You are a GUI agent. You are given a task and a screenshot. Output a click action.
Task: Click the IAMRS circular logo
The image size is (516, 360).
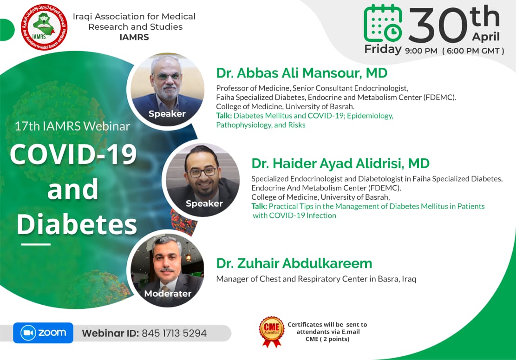pos(44,27)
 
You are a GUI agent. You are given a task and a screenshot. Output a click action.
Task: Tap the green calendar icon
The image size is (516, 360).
pos(383,23)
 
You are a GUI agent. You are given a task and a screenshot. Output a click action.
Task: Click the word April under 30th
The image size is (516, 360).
pos(486,37)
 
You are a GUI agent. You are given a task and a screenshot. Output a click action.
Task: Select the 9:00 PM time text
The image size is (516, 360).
pos(421,51)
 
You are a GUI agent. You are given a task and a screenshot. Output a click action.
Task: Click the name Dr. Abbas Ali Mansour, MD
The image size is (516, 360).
pos(302,73)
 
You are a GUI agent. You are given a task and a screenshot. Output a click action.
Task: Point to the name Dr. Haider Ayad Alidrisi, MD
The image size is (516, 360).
pos(340,164)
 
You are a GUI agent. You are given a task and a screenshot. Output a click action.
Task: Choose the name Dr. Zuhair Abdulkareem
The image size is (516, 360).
pos(294,263)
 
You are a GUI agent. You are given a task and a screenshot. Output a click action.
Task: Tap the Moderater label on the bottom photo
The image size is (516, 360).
pos(168,293)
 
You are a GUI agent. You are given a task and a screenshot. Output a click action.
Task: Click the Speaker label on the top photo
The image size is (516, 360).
pos(167,114)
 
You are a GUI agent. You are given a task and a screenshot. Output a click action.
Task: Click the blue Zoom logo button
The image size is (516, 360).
pos(43,333)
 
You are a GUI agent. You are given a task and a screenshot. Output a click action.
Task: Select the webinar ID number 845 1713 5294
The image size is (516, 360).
pos(174,334)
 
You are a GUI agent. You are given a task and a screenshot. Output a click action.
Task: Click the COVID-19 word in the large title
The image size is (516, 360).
pos(73,154)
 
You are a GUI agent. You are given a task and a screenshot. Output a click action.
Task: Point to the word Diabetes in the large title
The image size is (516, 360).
pos(77,224)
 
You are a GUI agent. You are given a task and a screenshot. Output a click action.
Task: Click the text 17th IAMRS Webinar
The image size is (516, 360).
pos(72,126)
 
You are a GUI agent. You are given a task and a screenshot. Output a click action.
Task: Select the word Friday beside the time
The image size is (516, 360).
pos(383,49)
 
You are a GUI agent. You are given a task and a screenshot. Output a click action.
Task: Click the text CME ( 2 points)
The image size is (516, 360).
pos(327,339)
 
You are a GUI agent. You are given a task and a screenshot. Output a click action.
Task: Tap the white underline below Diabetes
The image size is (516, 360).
pos(36,244)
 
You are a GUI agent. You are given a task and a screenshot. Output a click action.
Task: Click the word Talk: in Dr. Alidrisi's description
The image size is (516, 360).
pos(259,206)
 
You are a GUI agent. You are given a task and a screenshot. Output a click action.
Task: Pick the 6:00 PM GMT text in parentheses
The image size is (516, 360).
pos(473,51)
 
